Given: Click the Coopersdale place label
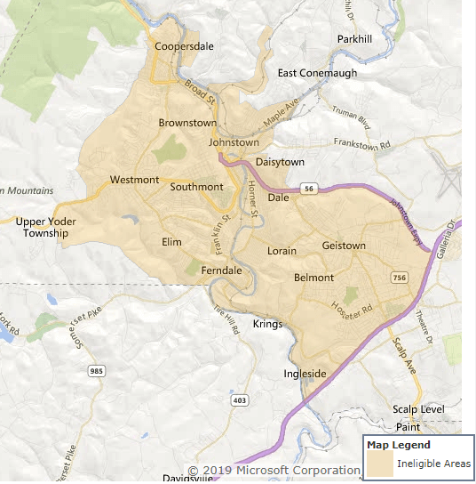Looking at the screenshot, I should coord(183,46).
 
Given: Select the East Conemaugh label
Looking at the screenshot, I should coord(316,73).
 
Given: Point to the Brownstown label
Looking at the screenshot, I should coord(187,123).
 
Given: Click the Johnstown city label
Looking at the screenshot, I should coord(234,142).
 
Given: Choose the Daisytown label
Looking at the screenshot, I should coord(280,162).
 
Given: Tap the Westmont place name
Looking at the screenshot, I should coord(134,180).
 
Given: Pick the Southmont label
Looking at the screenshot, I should coord(196,187).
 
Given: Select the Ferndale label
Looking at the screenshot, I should coord(222,270).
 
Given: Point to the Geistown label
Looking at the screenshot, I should coord(344,246).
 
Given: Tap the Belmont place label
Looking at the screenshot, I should coord(313,278).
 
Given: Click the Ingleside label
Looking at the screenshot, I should coord(305,373).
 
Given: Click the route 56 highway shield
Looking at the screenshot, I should coord(308,189).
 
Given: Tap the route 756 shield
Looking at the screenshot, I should coord(400,278).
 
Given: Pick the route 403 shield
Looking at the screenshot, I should coord(239,401).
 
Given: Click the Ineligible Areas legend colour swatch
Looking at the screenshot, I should coord(380,464).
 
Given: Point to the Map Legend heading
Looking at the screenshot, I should coord(398,445).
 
